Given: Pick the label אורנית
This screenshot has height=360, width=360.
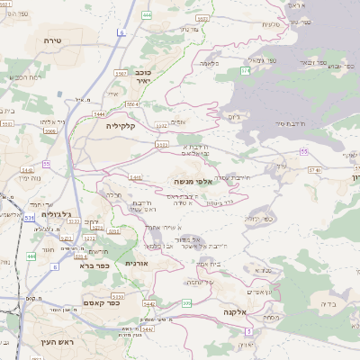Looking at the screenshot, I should coord(135,263).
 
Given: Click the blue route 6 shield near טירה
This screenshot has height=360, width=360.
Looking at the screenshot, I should coord(120,31).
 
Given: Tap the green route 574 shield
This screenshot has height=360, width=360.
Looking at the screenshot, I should coord(244,69).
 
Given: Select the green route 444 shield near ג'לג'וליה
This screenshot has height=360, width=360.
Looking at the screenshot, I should coord(31,256).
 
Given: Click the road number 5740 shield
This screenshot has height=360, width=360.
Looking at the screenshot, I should coord(313,169).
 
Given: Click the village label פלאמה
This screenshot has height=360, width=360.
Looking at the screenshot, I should coord(211,64).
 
